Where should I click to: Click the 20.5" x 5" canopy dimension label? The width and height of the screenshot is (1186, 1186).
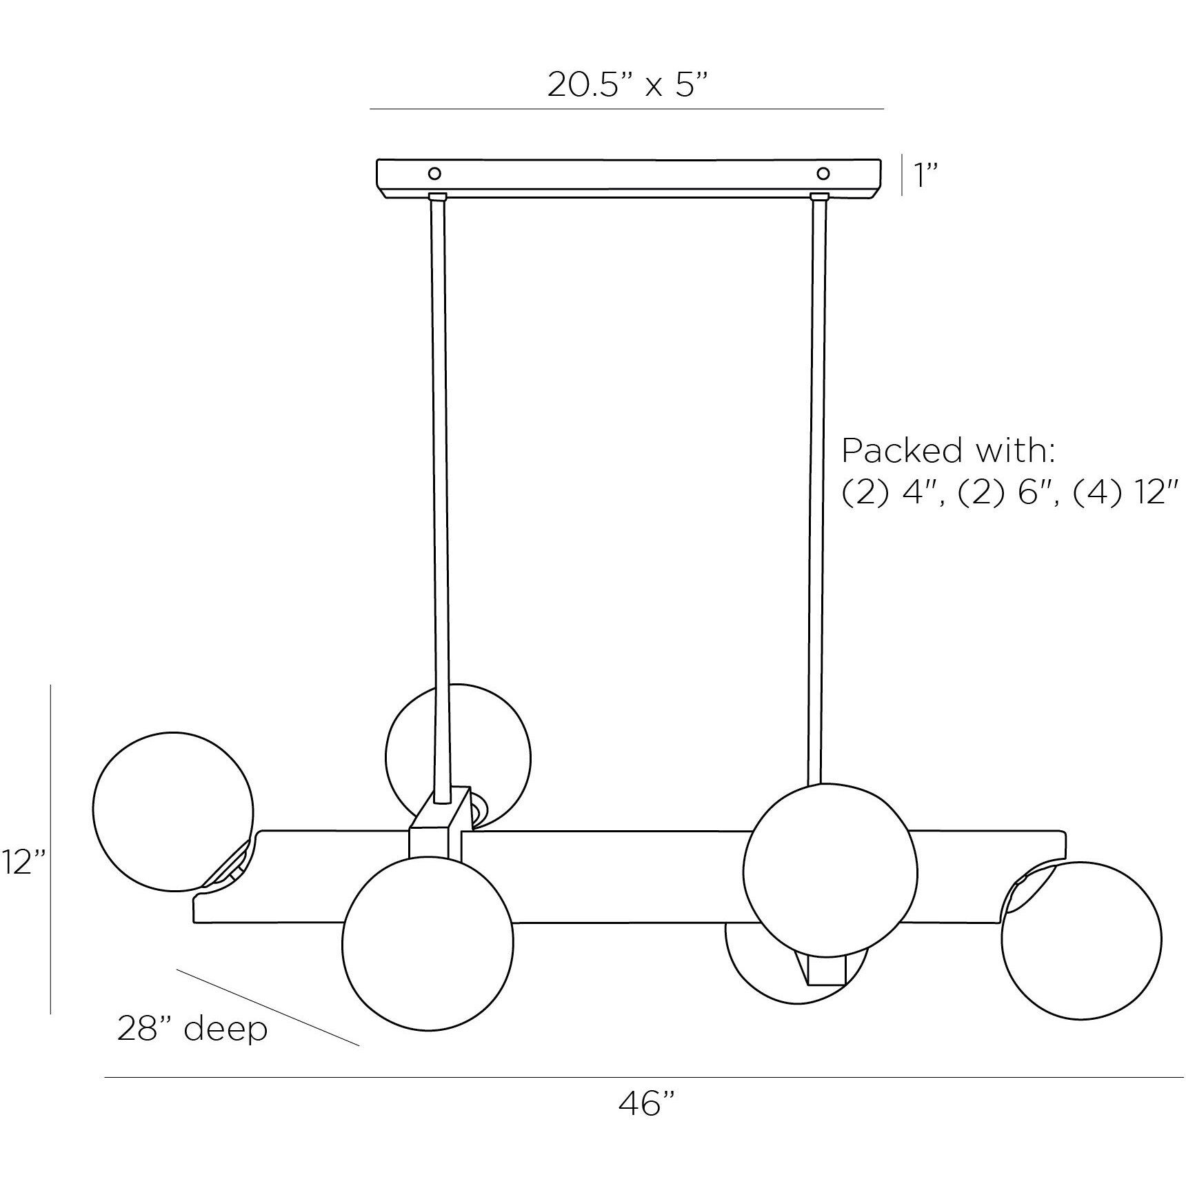[628, 85]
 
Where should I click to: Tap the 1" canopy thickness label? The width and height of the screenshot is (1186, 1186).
[926, 176]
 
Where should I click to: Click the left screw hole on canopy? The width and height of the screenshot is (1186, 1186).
[435, 172]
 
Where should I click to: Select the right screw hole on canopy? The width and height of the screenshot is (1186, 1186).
[823, 172]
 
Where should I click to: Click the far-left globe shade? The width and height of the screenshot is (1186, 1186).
[172, 812]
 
